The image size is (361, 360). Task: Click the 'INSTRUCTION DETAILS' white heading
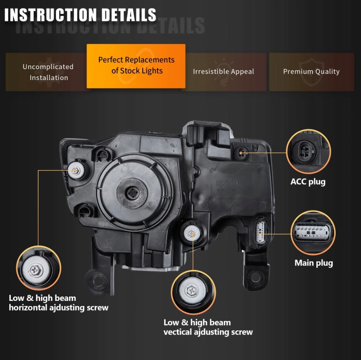[x=80, y=15]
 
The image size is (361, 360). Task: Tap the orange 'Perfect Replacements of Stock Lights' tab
[x=136, y=66]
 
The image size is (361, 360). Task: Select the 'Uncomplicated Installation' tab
[x=48, y=72]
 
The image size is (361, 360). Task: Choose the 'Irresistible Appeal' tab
[x=224, y=72]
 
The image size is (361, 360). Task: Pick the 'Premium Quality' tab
[x=312, y=72]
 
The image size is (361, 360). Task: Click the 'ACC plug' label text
[x=308, y=182]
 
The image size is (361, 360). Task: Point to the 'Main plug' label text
[x=314, y=263]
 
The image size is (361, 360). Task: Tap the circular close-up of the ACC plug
[x=308, y=151]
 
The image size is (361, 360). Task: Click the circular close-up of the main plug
[x=313, y=232]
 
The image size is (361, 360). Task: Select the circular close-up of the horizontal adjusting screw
[x=39, y=268]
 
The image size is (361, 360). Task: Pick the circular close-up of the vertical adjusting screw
[x=193, y=292]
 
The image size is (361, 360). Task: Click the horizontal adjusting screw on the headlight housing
[x=76, y=171]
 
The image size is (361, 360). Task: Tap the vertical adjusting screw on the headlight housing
[x=191, y=234]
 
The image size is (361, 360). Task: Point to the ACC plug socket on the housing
[x=241, y=153]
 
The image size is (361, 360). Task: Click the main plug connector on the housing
[x=260, y=232]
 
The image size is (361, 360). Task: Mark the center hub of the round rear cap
[x=132, y=193]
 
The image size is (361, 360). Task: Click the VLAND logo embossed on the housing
[x=227, y=183]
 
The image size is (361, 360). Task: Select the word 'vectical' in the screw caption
[x=177, y=332]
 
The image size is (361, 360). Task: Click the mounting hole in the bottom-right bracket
[x=256, y=277]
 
